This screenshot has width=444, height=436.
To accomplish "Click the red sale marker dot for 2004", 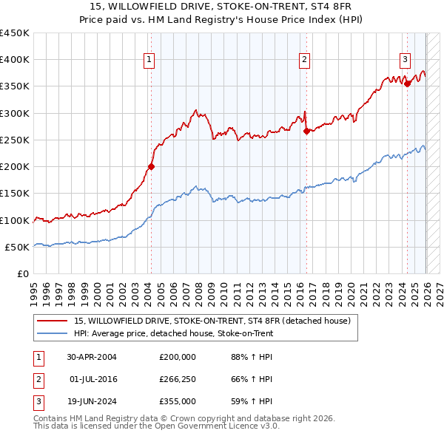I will click(151, 166).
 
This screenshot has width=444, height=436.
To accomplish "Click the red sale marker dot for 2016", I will click(306, 132).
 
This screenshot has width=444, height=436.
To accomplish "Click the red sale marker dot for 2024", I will click(407, 84).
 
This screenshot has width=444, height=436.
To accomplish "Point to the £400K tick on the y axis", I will click(15, 60).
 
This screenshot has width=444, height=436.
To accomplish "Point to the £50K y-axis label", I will click(18, 247).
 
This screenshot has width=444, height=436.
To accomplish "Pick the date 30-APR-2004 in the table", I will click(92, 356).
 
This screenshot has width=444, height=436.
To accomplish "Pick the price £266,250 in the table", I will click(178, 379).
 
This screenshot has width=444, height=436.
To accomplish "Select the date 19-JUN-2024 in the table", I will click(92, 401).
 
